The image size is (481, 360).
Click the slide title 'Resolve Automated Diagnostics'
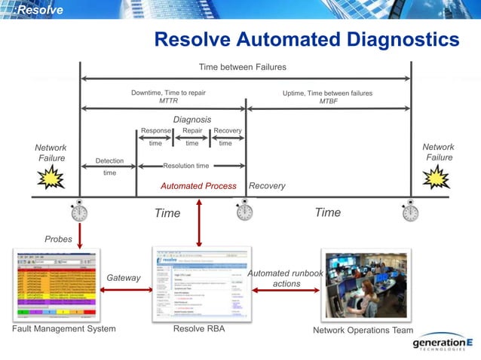pyautogui.click(x=306, y=39)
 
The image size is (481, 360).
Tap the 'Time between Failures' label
pyautogui.click(x=242, y=67)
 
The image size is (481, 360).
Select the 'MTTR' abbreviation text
pyautogui.click(x=168, y=101)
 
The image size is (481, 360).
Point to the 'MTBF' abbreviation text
pyautogui.click(x=328, y=101)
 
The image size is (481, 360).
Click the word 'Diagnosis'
pyautogui.click(x=191, y=119)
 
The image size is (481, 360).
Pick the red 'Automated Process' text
pyautogui.click(x=198, y=186)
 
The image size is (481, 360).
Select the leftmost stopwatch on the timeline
pyautogui.click(x=79, y=212)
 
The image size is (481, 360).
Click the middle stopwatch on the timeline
pyautogui.click(x=244, y=211)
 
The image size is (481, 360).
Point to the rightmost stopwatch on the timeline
pyautogui.click(x=410, y=212)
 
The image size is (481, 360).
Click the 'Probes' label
pyautogui.click(x=58, y=239)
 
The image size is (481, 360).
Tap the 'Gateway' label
pyautogui.click(x=123, y=278)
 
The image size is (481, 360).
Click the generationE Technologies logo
pyautogui.click(x=444, y=343)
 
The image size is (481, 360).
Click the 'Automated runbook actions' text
pyautogui.click(x=286, y=278)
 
